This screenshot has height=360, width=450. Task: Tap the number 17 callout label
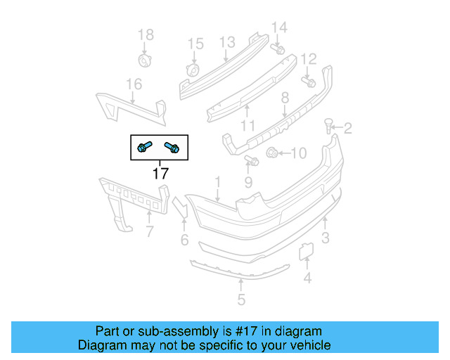160,173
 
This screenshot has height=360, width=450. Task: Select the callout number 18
144,35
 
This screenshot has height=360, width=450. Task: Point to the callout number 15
195,45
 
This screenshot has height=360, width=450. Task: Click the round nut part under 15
192,70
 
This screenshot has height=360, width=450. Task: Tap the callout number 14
279,27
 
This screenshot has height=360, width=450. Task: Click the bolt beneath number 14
278,50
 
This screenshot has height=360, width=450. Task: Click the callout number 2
347,128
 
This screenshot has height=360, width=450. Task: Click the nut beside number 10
271,152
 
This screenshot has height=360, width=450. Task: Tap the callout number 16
134,85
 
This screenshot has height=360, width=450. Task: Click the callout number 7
149,231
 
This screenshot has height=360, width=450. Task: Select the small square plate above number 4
307,251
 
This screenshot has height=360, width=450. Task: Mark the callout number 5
241,301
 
